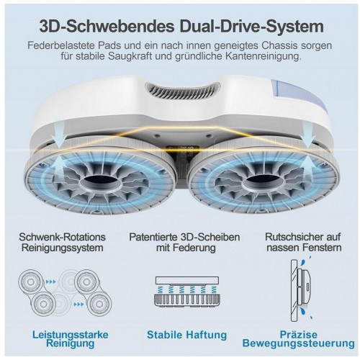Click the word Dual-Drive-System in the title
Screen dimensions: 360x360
click(x=252, y=26)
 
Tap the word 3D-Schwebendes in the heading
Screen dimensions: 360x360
click(x=107, y=26)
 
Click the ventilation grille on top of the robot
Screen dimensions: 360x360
click(x=183, y=91)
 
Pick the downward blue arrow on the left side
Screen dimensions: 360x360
click(x=58, y=135)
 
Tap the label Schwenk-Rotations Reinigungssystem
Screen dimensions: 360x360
click(x=63, y=243)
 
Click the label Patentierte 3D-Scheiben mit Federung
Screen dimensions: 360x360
click(x=184, y=243)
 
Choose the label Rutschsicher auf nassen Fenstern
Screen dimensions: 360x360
click(x=303, y=243)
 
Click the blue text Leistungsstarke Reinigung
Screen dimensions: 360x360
click(x=70, y=339)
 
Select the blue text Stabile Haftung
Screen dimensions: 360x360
click(x=186, y=335)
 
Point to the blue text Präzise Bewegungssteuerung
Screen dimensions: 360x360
click(x=299, y=339)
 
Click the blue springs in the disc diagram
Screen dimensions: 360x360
click(x=186, y=289)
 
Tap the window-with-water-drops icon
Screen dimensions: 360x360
click(x=302, y=290)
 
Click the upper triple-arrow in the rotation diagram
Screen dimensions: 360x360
click(x=50, y=282)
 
